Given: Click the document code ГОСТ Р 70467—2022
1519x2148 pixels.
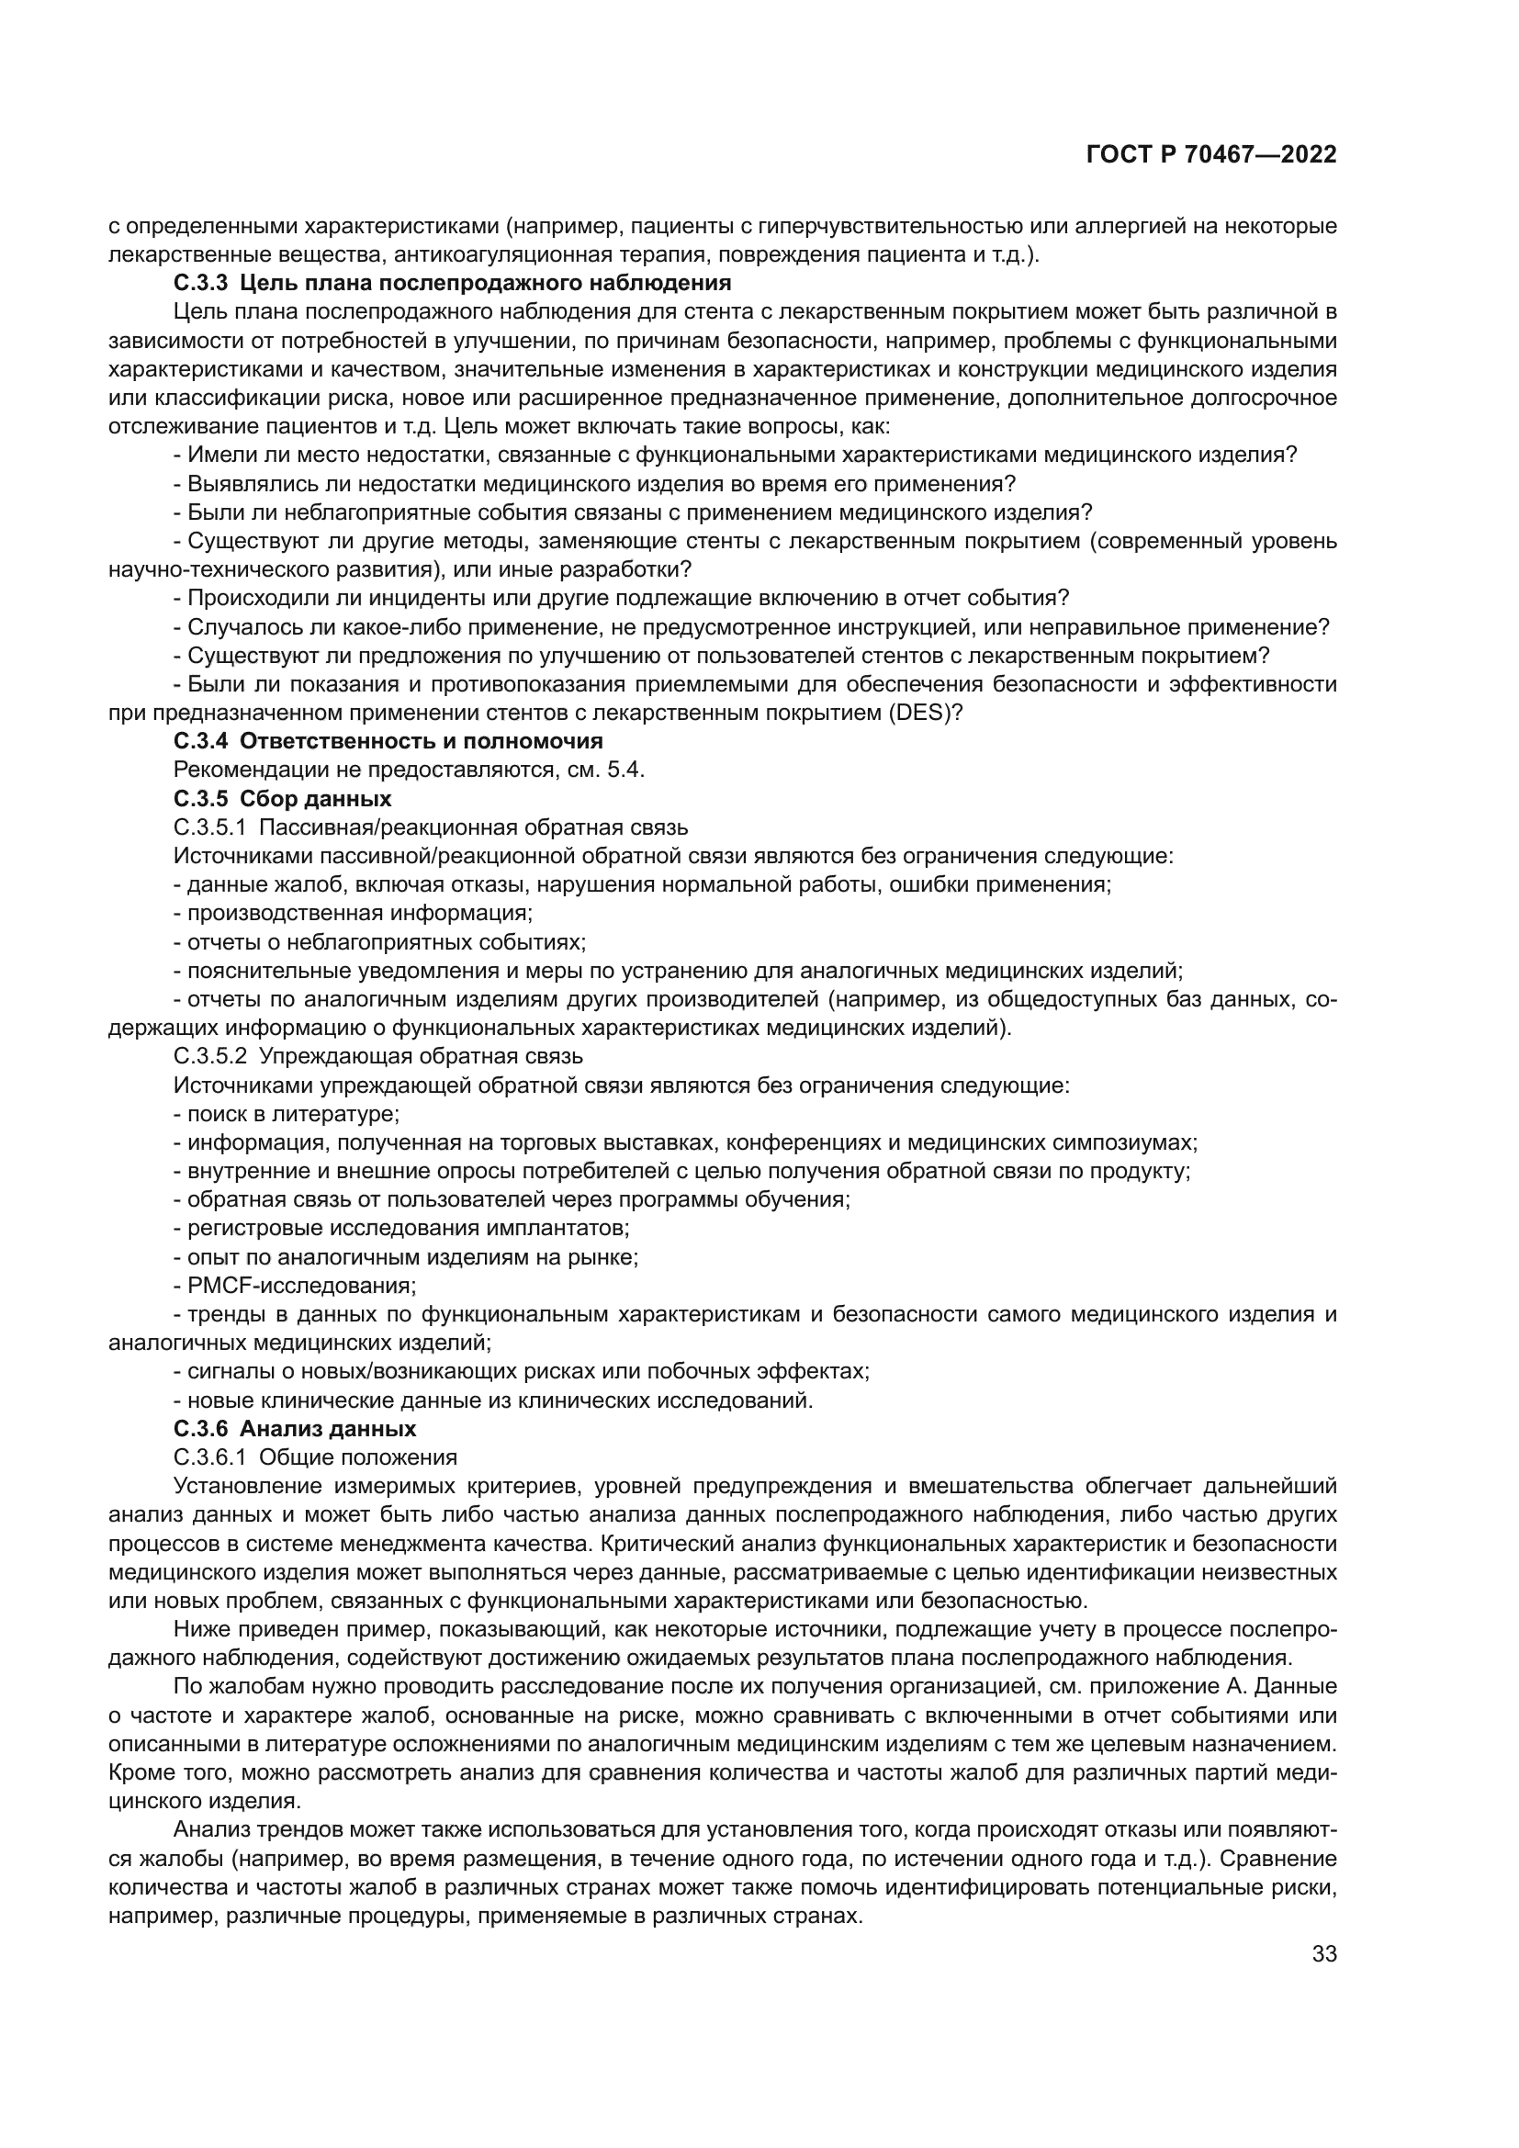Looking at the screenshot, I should (1210, 155).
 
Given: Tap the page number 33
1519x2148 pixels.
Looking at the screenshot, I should (1324, 1954).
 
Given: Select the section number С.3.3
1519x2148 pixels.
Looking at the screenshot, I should (200, 283).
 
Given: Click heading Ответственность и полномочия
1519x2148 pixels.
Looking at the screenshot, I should (421, 741).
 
